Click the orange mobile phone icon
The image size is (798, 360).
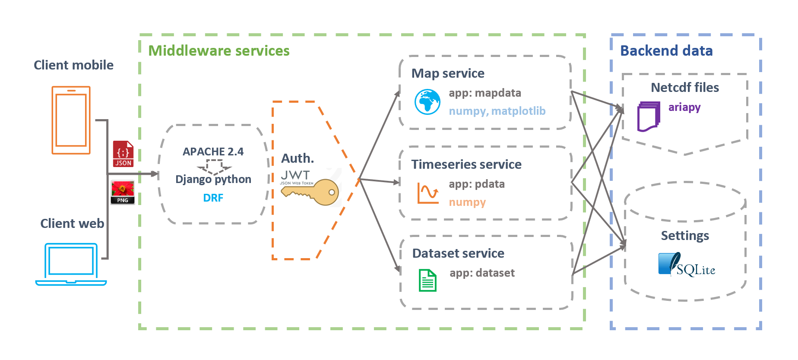tap(71, 120)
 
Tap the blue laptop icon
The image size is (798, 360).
tap(71, 264)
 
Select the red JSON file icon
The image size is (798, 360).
tap(123, 154)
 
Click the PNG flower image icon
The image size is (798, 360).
tap(123, 192)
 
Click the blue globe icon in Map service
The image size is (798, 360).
tap(427, 102)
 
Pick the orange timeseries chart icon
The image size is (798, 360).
tap(427, 193)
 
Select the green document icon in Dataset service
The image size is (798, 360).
tap(427, 280)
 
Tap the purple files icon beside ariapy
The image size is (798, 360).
tap(649, 116)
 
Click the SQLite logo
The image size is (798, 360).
tap(687, 265)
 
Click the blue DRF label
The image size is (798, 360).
tap(213, 198)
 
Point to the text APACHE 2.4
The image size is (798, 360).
tap(213, 152)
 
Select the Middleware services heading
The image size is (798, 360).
tap(219, 51)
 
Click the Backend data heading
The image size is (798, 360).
tap(666, 51)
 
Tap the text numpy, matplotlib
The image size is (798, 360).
tap(497, 111)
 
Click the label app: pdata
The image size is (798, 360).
tap(476, 184)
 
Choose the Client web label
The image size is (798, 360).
tap(72, 223)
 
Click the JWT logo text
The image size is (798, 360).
tap(295, 175)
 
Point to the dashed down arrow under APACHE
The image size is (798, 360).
tap(214, 166)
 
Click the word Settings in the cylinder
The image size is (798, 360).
tap(685, 236)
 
